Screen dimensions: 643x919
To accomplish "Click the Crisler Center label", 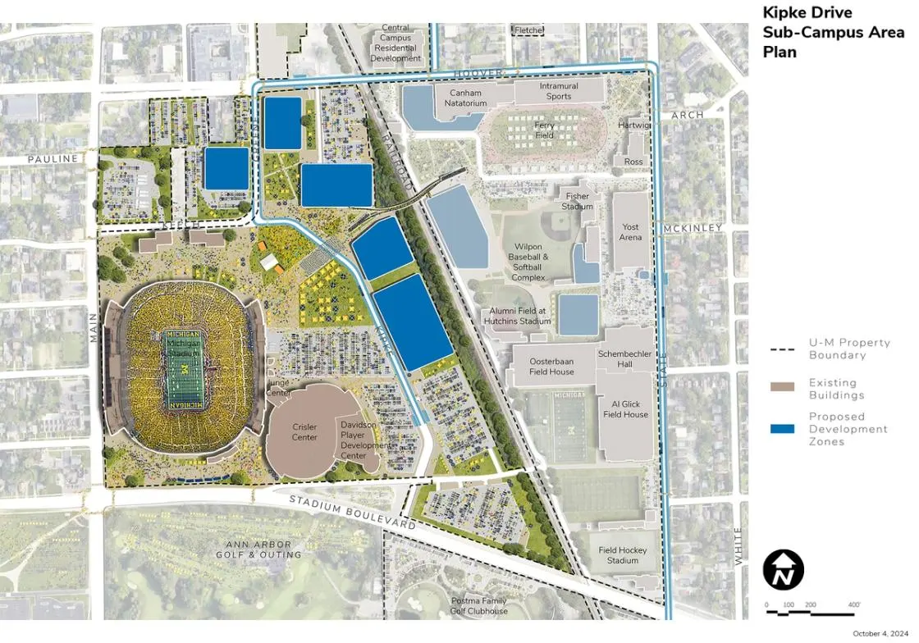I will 304,432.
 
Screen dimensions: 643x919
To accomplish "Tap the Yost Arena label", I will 630,232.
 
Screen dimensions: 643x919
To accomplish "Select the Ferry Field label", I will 545,130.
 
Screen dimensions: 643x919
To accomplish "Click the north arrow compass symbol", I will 783,569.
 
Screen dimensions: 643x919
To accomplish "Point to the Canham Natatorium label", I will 466,98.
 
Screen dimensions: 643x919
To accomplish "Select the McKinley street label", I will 695,227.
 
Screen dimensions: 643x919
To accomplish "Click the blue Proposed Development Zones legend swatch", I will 782,428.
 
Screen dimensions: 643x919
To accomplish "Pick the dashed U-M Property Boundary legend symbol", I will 782,349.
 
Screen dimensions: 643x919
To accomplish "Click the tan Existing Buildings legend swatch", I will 782,387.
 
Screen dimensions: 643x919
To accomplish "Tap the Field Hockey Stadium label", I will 623,555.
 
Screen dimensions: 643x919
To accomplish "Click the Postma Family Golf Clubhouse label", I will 479,605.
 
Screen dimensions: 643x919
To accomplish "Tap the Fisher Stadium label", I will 578,201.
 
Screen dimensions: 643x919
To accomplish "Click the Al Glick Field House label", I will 625,409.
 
